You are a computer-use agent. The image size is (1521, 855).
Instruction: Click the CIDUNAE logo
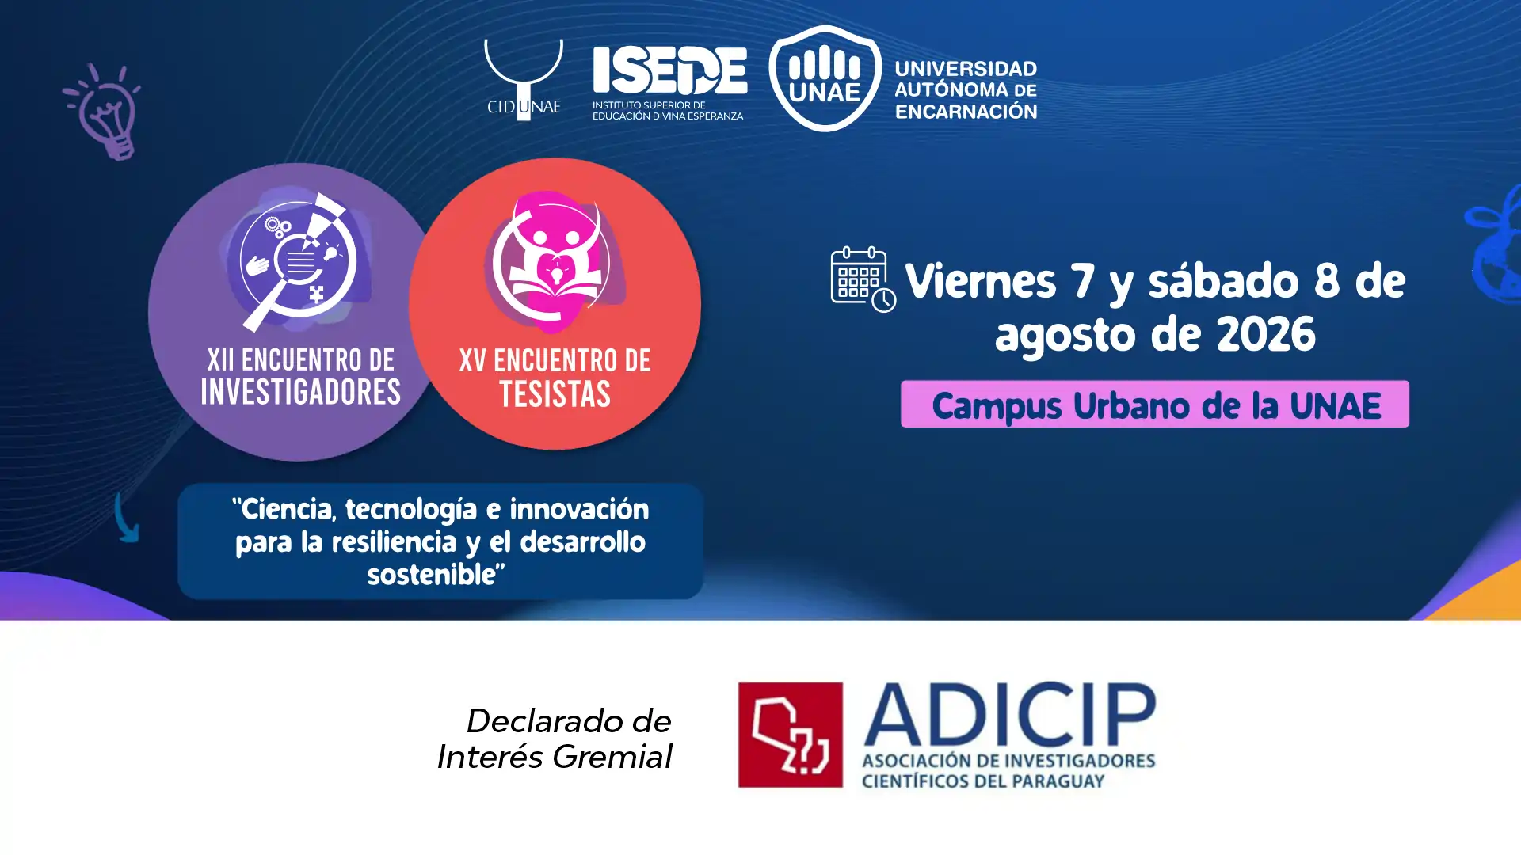click(x=523, y=80)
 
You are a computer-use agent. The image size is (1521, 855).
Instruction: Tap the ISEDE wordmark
click(x=669, y=70)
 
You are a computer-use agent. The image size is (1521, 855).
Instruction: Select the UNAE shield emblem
click(x=825, y=78)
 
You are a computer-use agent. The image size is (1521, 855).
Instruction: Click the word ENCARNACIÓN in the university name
click(x=966, y=112)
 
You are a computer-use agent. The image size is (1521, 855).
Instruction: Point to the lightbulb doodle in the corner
click(x=104, y=112)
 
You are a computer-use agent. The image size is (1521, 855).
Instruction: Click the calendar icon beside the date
click(x=863, y=279)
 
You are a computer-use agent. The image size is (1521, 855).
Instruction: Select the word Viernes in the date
click(x=981, y=281)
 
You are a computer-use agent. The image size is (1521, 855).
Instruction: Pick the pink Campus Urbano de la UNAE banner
click(x=1155, y=404)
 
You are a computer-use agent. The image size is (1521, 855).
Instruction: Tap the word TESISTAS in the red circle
click(x=555, y=394)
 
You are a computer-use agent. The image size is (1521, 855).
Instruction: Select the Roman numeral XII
click(x=220, y=360)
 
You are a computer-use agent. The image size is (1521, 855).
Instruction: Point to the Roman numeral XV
click(x=472, y=361)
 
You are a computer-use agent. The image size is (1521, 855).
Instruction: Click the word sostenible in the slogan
click(x=431, y=575)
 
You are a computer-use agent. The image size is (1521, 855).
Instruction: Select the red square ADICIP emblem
click(x=790, y=735)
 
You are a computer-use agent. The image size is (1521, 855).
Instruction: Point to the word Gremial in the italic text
click(x=612, y=757)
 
